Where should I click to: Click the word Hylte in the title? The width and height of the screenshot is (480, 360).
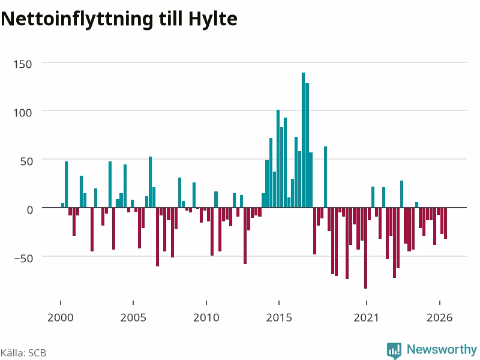213,19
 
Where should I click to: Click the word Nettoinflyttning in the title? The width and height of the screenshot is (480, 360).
77,19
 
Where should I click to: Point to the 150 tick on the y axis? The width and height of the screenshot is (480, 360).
23,64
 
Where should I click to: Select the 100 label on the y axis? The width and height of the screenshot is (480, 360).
23,113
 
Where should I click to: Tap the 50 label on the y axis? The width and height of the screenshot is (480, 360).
26,161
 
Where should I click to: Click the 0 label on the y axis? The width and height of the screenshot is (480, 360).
29,210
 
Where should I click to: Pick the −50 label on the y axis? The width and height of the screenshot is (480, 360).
23,259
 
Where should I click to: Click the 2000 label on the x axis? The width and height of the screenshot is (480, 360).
61,317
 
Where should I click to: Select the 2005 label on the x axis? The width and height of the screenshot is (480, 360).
133,317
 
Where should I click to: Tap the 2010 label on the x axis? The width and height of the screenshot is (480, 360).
206,317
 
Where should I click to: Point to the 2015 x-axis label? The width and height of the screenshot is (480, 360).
279,317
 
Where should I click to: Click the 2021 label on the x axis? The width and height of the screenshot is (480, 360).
367,317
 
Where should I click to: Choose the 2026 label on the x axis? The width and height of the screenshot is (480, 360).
440,317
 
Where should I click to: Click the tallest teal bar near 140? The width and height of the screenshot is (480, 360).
304,140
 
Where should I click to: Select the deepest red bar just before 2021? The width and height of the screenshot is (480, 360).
365,248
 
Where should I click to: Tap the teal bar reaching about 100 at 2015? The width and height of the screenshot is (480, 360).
278,158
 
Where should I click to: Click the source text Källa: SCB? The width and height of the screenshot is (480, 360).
23,353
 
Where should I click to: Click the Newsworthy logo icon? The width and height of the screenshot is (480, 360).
394,350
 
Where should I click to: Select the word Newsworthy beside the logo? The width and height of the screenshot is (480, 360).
442,349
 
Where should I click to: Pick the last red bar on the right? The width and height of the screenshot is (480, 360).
445,223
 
